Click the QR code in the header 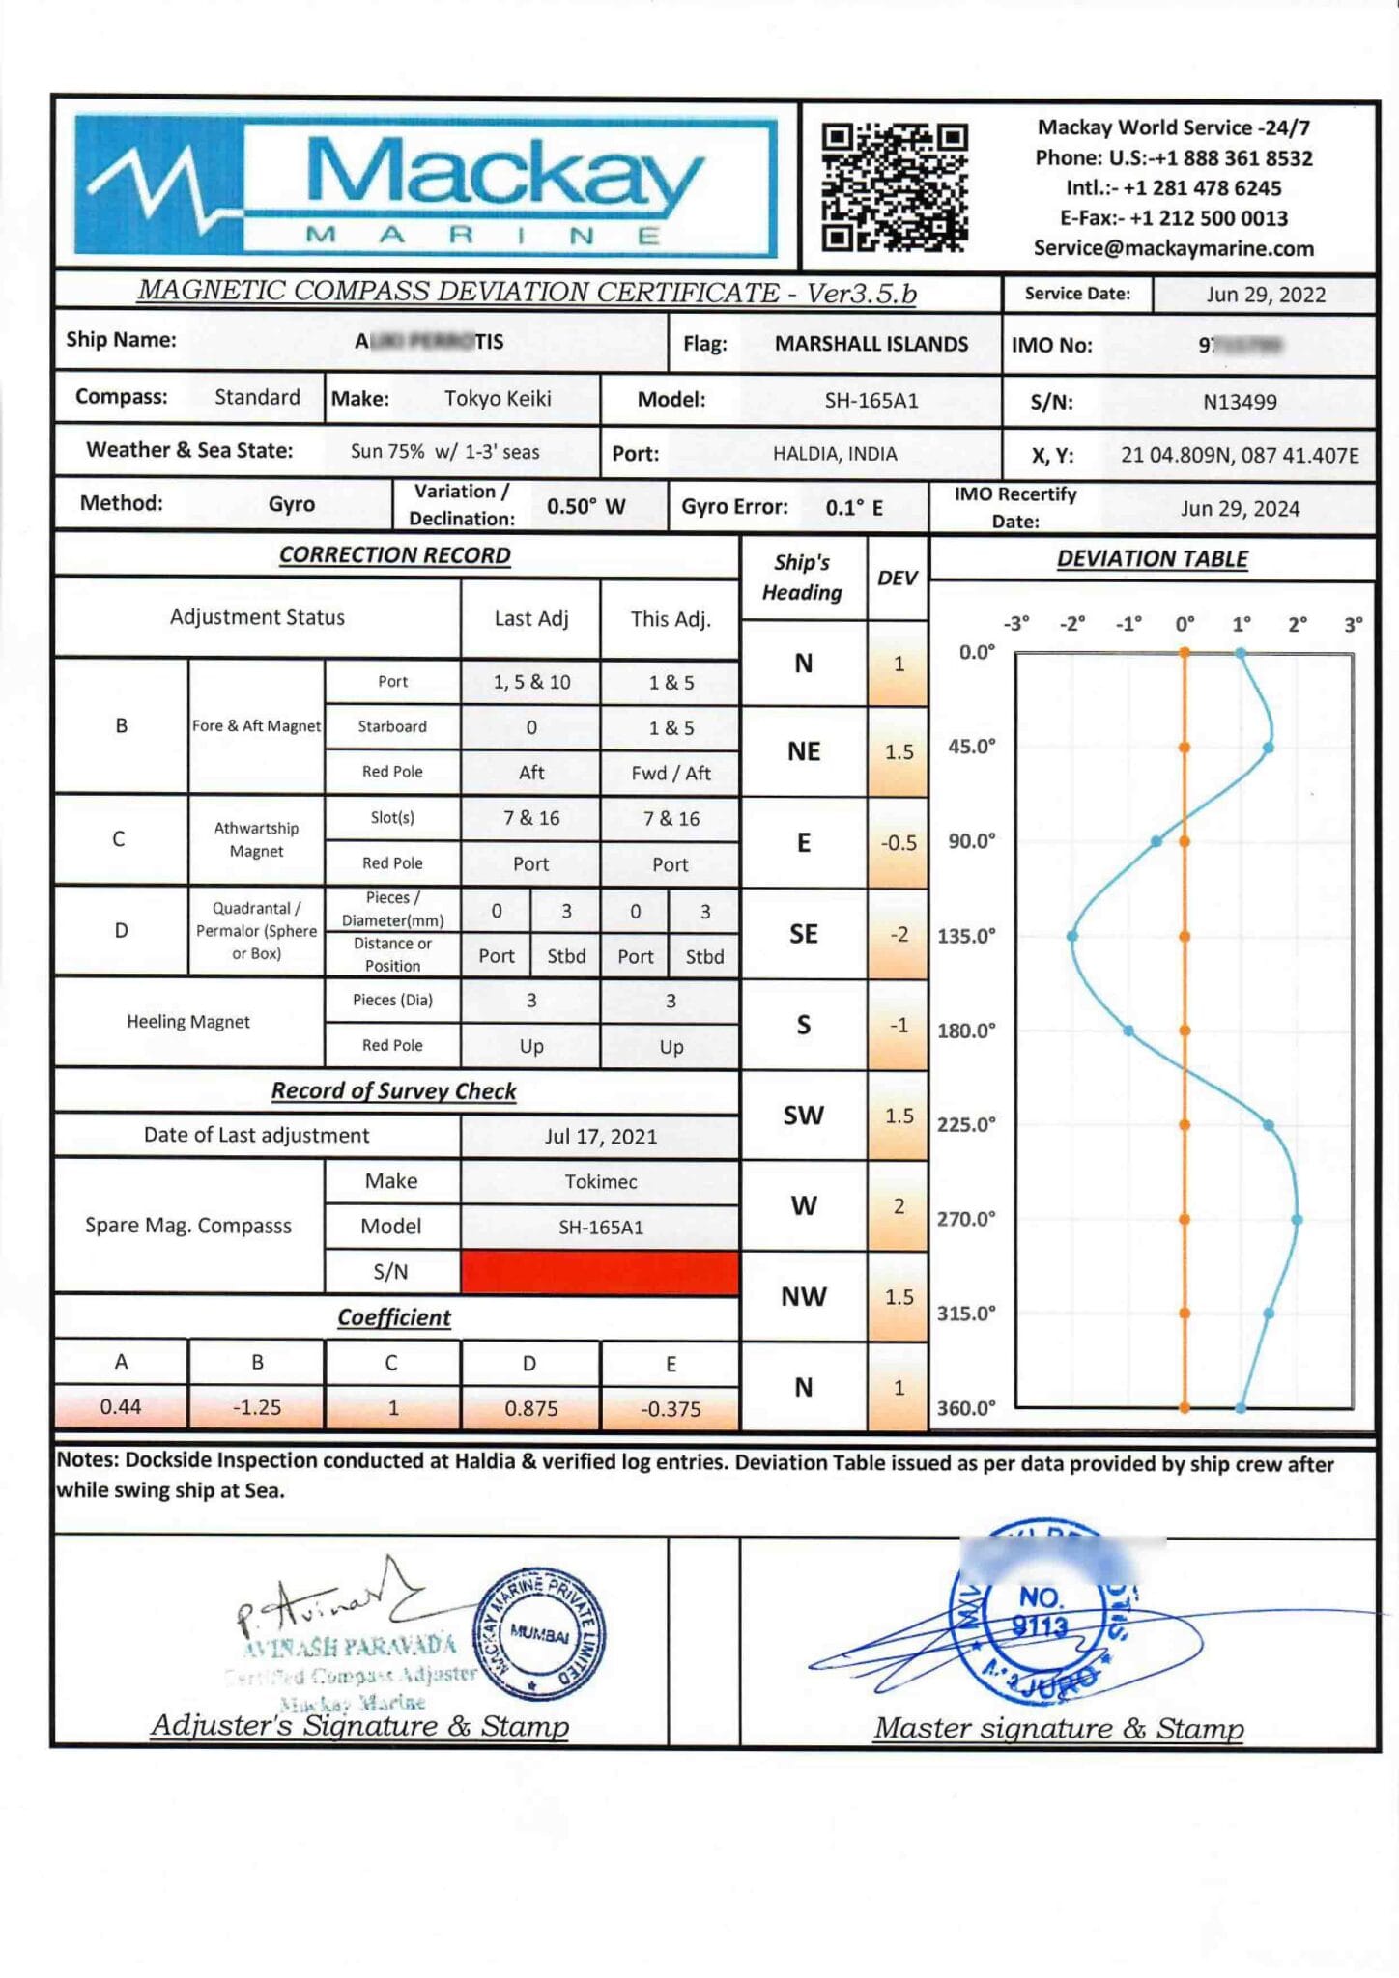tap(894, 186)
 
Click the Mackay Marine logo tap(425, 186)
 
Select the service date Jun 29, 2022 tap(1265, 295)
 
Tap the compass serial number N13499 tap(1240, 402)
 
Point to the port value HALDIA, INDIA tap(834, 454)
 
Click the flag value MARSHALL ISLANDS tap(871, 344)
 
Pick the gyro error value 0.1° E tap(854, 508)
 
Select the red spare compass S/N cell tap(600, 1271)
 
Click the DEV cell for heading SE tap(899, 934)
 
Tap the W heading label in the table tap(803, 1205)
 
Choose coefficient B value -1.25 tap(257, 1407)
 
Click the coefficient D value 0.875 tap(530, 1408)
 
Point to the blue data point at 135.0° tap(1072, 936)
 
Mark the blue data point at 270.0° tap(1297, 1220)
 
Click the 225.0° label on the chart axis tap(966, 1124)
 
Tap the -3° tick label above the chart tap(1015, 624)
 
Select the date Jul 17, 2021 tap(600, 1137)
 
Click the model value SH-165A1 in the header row tap(871, 401)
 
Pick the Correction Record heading tap(394, 555)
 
